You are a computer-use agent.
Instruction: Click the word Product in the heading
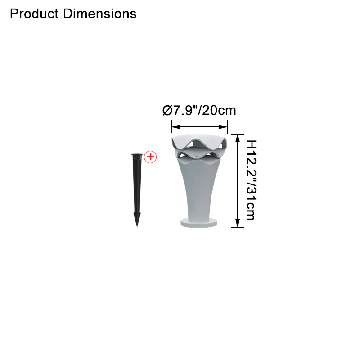click(x=35, y=13)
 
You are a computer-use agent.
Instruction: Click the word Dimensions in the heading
click(x=99, y=13)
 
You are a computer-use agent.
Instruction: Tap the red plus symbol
click(x=150, y=157)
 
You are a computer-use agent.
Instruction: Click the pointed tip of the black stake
click(x=137, y=227)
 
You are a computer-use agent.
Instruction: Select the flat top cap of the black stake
click(x=137, y=155)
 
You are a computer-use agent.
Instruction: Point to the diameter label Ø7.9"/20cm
click(x=199, y=110)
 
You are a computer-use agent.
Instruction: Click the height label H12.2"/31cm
click(x=251, y=180)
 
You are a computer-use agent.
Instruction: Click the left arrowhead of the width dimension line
click(x=176, y=127)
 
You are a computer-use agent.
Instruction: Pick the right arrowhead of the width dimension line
click(x=223, y=127)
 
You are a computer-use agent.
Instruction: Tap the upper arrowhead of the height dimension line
click(x=238, y=139)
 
